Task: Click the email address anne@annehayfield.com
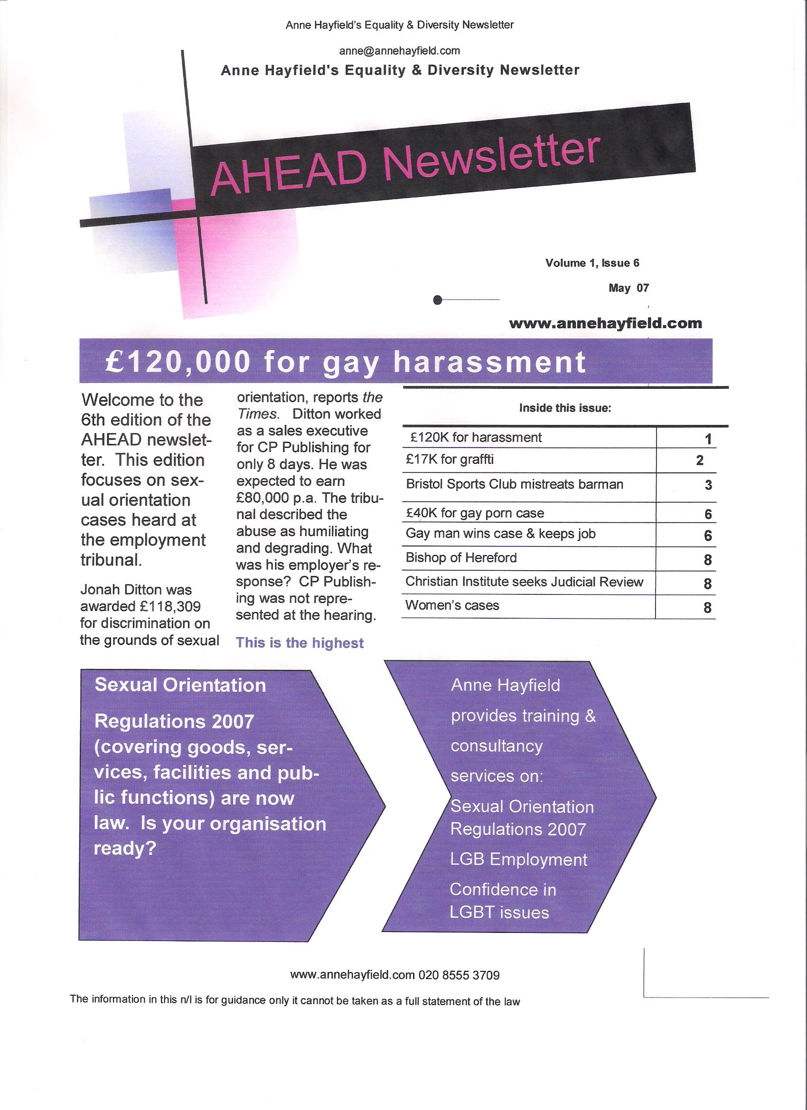(399, 51)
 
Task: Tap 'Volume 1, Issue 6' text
(592, 263)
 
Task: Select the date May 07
(629, 288)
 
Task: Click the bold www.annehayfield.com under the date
(605, 323)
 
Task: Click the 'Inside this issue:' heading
(565, 408)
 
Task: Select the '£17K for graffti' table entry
(450, 460)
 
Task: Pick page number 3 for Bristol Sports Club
(708, 486)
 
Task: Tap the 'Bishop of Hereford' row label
(461, 557)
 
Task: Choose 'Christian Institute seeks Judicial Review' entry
(524, 582)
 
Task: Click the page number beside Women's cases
(707, 608)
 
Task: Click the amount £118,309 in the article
(170, 607)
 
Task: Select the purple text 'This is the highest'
(300, 643)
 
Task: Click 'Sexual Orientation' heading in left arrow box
(180, 685)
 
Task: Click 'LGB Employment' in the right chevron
(519, 860)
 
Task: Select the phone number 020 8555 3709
(459, 976)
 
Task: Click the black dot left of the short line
(438, 300)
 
